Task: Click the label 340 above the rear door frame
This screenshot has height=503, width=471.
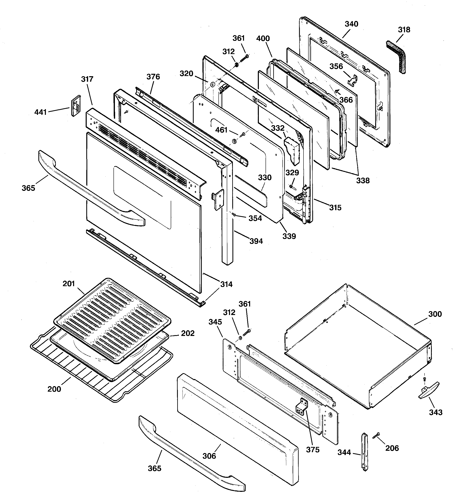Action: pos(351,24)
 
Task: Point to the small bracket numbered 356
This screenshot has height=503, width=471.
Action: pos(352,79)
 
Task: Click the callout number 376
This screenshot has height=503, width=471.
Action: pos(153,77)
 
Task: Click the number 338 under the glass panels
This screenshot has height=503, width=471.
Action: pos(363,181)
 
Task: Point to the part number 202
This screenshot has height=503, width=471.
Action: pos(188,333)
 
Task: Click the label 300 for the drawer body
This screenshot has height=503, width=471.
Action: pos(435,314)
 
